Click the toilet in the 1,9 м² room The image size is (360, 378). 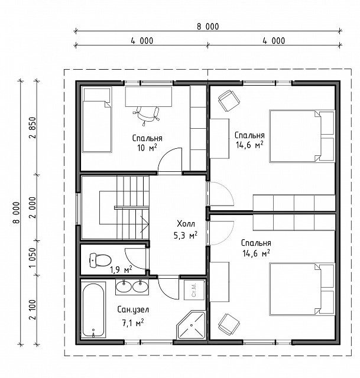[100, 260]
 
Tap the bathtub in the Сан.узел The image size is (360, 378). [93, 309]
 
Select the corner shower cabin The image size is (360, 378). [191, 325]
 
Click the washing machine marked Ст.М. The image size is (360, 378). [194, 290]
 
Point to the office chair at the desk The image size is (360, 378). [147, 115]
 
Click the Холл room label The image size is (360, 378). [186, 224]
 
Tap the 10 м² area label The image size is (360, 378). [147, 148]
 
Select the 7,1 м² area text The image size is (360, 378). [133, 322]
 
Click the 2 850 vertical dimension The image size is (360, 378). [32, 128]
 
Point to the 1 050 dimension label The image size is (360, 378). [32, 258]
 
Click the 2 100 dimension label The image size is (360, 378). [32, 309]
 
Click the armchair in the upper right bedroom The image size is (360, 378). [229, 100]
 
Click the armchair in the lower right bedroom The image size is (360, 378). [229, 324]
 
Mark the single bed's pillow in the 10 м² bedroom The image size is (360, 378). [97, 95]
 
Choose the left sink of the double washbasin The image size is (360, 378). [124, 286]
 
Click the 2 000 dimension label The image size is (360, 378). [32, 207]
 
